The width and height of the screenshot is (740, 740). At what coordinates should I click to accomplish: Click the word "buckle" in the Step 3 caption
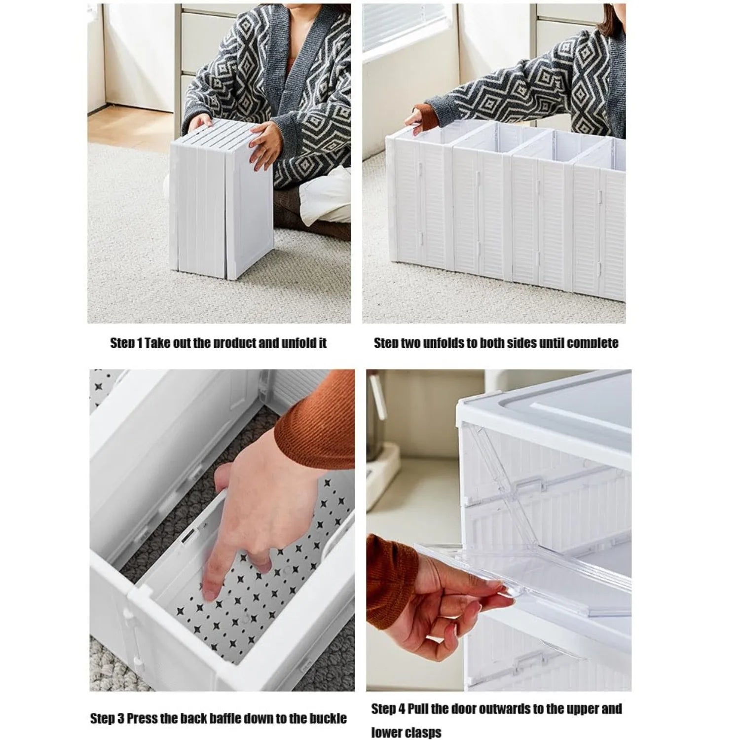pyautogui.click(x=328, y=718)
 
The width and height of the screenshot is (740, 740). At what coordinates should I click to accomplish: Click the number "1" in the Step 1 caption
pyautogui.click(x=140, y=343)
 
